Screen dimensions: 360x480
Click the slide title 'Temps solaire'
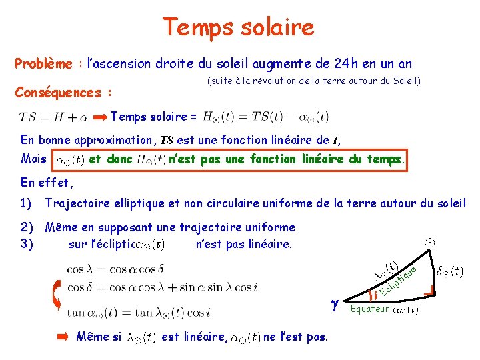click(238, 27)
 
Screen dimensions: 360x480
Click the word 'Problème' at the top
click(43, 64)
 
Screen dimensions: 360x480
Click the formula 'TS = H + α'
click(53, 117)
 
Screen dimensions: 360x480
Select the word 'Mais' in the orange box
click(34, 160)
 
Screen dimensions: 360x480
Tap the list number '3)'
click(27, 244)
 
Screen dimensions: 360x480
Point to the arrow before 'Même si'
click(62, 337)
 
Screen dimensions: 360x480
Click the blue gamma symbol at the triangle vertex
click(335, 304)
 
